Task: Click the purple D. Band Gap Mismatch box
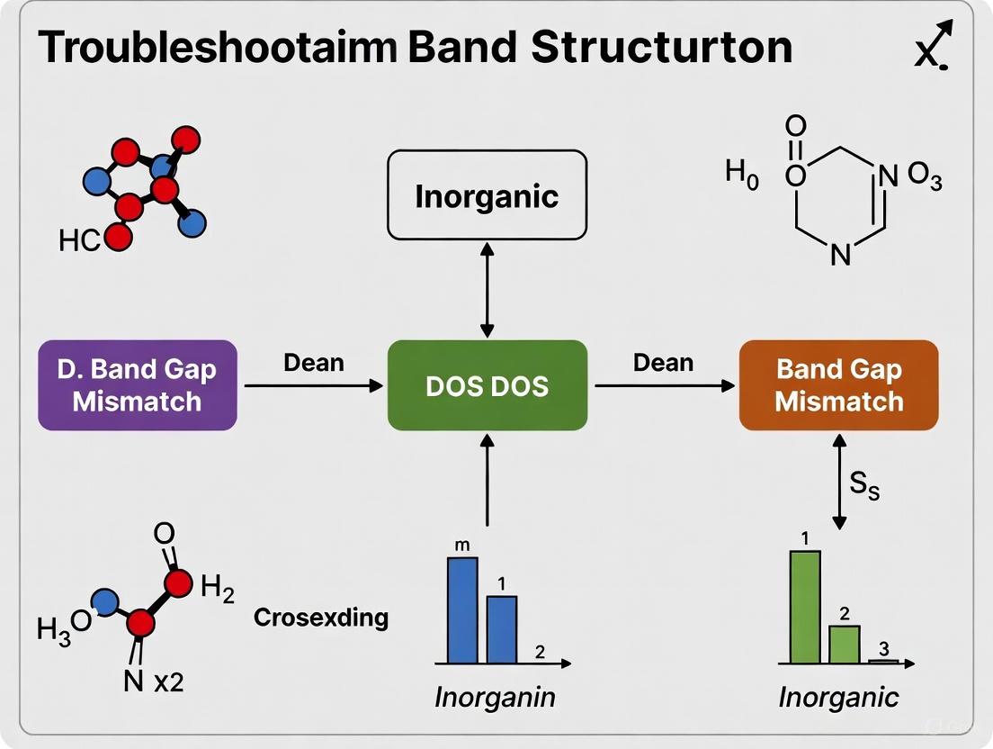click(137, 384)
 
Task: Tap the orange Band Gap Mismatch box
click(837, 384)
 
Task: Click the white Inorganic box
click(487, 195)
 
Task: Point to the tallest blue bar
click(462, 610)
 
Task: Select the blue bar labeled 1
click(502, 629)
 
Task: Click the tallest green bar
click(805, 606)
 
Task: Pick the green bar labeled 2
click(844, 644)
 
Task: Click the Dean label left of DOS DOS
click(314, 363)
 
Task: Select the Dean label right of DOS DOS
click(663, 363)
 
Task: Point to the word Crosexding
click(321, 618)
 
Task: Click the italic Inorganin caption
click(495, 697)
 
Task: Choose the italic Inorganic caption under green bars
click(838, 697)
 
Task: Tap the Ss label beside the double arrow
click(864, 488)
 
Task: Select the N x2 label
click(153, 681)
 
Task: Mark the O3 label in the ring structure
click(924, 177)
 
